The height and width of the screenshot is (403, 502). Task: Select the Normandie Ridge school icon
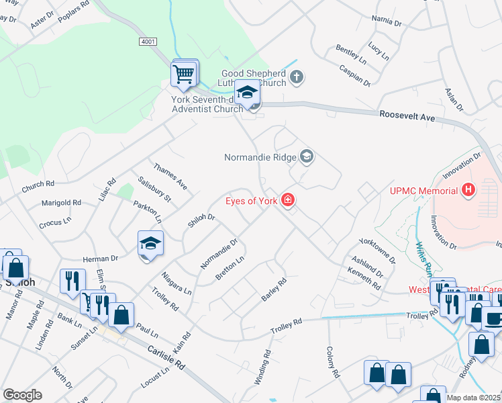coord(307,157)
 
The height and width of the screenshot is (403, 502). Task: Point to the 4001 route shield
coord(148,42)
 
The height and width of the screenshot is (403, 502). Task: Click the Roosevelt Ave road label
coord(407,116)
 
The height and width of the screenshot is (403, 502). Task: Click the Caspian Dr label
coord(355,76)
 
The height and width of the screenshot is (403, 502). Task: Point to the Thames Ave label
coord(170,175)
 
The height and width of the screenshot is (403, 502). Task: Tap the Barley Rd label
coord(274,289)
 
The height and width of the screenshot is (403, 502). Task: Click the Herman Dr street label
coord(100,257)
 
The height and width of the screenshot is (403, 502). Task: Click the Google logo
coord(21,395)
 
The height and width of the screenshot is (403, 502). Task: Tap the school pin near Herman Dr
coord(150,245)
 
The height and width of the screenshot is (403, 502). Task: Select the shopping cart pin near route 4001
coord(184,74)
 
